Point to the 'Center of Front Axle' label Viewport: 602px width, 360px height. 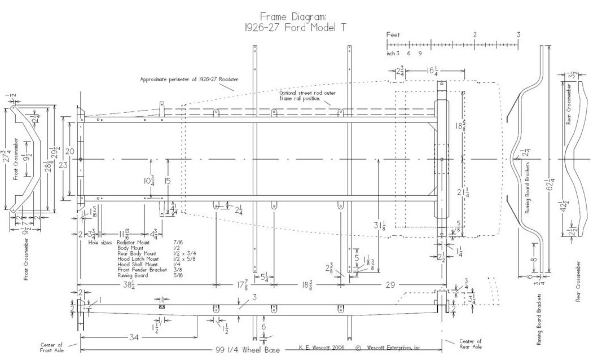coord(51,347)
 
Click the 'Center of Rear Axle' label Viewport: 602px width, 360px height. coord(471,344)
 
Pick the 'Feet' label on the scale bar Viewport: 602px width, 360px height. coord(393,35)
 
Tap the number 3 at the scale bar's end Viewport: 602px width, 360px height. coord(518,35)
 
